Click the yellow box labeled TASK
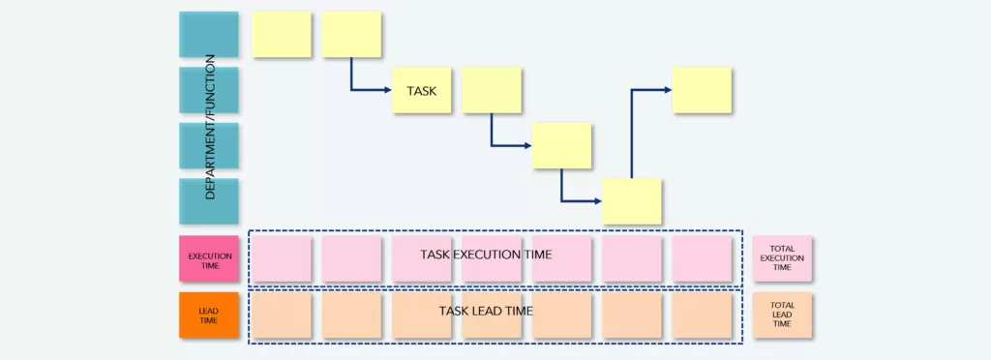422,90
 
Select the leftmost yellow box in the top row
282,35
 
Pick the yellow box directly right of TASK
492,90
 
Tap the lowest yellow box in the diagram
632,201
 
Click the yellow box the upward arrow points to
703,90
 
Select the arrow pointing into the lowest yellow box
579,200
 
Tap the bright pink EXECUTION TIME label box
208,258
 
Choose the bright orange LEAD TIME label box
208,315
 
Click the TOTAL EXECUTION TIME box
783,258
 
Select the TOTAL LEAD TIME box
783,315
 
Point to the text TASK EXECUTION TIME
486,255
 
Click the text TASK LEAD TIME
486,311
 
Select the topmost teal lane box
208,35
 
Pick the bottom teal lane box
208,201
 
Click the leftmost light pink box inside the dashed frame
282,258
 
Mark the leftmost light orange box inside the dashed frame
282,315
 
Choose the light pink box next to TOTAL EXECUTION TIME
703,258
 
